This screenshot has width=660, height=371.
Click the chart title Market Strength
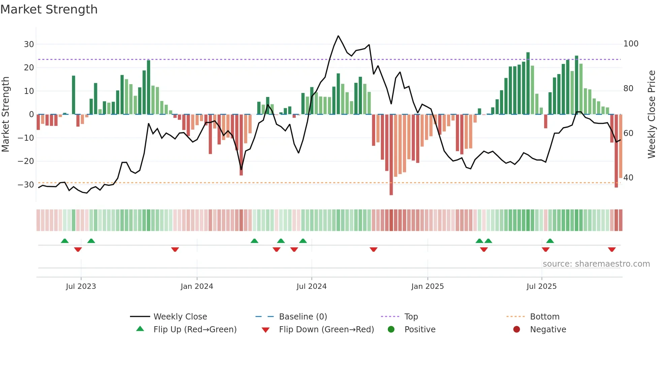(49, 9)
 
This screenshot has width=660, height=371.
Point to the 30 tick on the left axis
(29, 44)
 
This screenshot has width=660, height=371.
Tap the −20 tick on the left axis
(26, 161)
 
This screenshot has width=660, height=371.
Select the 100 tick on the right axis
(631, 44)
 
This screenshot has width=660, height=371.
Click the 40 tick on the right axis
(628, 178)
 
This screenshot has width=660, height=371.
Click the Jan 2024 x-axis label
(197, 286)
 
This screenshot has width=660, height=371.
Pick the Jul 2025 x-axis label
(541, 286)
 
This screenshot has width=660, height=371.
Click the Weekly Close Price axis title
(651, 114)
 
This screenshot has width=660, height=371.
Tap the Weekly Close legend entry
(180, 317)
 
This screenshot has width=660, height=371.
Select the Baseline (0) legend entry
(303, 317)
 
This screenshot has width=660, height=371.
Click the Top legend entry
(411, 317)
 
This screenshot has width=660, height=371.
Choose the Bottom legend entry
(544, 317)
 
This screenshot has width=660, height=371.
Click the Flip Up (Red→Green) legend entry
(195, 330)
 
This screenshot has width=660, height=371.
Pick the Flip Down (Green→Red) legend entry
(326, 330)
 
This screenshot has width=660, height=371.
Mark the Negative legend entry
(548, 330)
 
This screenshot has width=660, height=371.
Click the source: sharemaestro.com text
(596, 264)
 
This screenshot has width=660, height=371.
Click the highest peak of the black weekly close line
(338, 36)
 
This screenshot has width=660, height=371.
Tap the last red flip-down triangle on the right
(612, 249)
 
